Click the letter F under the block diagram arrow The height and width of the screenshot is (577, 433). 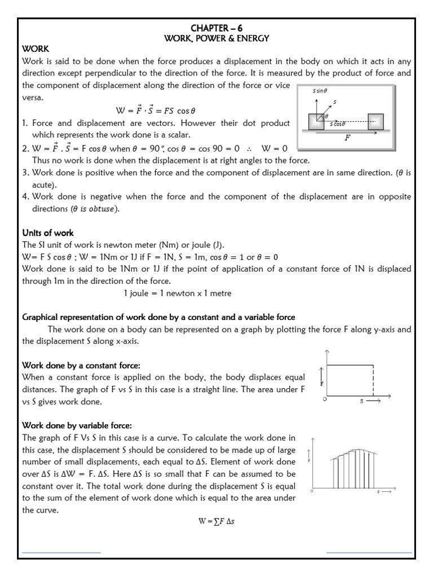[x=347, y=137]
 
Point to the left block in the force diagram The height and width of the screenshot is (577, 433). [x=316, y=122]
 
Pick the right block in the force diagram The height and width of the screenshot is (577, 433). [x=375, y=122]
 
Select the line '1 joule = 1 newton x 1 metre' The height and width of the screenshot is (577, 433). [x=177, y=294]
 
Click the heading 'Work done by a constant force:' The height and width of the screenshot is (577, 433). [x=77, y=366]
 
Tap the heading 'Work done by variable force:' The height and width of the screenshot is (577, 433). [x=76, y=425]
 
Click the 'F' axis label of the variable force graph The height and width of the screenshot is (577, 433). [x=310, y=460]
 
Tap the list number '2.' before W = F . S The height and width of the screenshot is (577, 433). [x=25, y=149]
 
